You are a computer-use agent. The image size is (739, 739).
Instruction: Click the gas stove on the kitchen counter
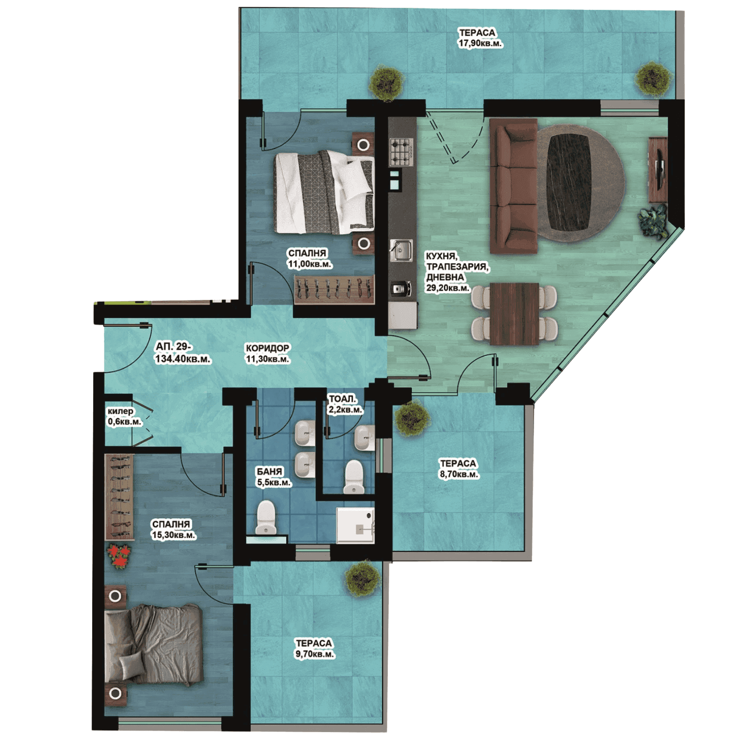[x=401, y=152]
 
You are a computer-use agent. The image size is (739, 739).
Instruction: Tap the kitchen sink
[x=402, y=250]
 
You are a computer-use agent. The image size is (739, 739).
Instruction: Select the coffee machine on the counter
[x=401, y=289]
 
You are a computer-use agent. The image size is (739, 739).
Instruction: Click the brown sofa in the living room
[x=514, y=186]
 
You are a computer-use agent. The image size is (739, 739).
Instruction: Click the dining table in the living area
[x=514, y=314]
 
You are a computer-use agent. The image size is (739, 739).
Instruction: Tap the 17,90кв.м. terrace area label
[x=480, y=43]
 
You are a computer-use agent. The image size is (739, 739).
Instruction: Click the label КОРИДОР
[x=268, y=348]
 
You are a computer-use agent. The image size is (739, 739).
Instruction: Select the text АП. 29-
[x=173, y=346]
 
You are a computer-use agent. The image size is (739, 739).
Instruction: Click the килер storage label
[x=120, y=411]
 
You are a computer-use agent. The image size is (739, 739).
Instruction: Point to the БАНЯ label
[x=269, y=471]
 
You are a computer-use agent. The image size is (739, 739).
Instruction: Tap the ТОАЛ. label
[x=342, y=399]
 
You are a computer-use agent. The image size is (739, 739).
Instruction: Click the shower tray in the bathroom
[x=355, y=526]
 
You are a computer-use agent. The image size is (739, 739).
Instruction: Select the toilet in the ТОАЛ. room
[x=354, y=477]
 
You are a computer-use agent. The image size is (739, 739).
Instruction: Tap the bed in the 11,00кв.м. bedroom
[x=324, y=192]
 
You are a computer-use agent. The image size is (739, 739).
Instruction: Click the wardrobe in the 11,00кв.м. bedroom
[x=334, y=289]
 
